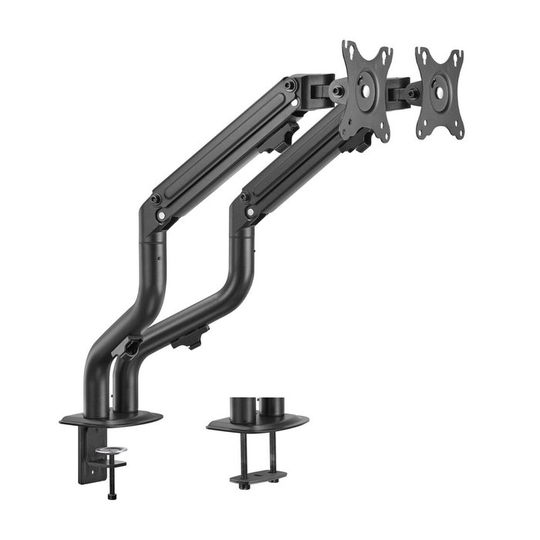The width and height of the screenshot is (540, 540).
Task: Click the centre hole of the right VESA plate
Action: (x=440, y=87)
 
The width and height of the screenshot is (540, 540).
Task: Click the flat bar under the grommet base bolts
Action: (x=258, y=475)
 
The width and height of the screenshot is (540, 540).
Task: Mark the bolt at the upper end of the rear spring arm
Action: (x=290, y=84)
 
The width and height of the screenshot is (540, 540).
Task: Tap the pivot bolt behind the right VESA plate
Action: (x=413, y=93)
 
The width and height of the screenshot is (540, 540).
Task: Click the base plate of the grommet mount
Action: (x=258, y=423)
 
